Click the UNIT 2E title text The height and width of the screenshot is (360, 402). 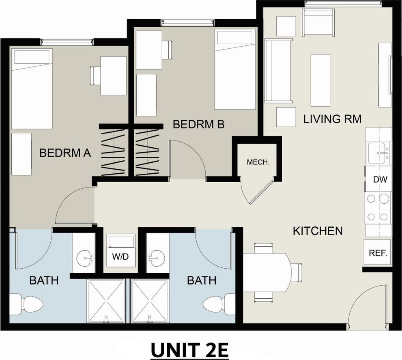point(189,350)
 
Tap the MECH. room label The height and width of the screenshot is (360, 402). point(258,162)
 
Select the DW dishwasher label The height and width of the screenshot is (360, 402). point(380,179)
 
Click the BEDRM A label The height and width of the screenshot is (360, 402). point(65,153)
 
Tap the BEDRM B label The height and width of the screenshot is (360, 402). point(199,124)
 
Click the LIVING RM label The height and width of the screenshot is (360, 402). point(332,119)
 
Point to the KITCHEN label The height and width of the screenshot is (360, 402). point(318,231)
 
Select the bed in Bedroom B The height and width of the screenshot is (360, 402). point(235,69)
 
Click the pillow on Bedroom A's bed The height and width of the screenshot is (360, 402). point(32,57)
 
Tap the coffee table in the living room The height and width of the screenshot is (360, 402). point(320,80)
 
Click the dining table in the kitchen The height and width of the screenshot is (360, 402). point(267,272)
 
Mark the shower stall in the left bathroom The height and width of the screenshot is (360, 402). point(106,301)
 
